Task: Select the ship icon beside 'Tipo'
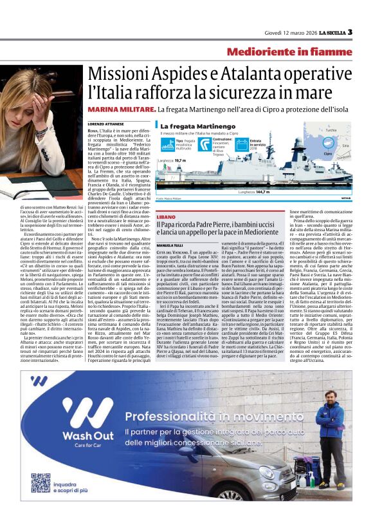click(163, 141)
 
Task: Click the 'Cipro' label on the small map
click(328, 155)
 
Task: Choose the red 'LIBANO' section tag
click(165, 218)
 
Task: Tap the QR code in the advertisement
click(41, 483)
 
